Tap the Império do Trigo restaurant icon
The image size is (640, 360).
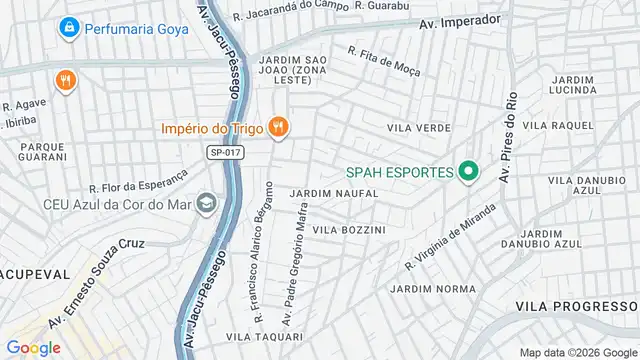278,128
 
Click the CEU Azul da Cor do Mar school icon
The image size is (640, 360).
206,203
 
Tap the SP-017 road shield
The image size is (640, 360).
226,152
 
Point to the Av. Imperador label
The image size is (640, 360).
459,21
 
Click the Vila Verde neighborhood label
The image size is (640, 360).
419,128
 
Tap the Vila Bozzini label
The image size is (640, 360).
349,229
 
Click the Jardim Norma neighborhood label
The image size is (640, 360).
433,288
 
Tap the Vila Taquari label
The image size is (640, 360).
258,337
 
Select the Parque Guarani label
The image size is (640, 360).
42,152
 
